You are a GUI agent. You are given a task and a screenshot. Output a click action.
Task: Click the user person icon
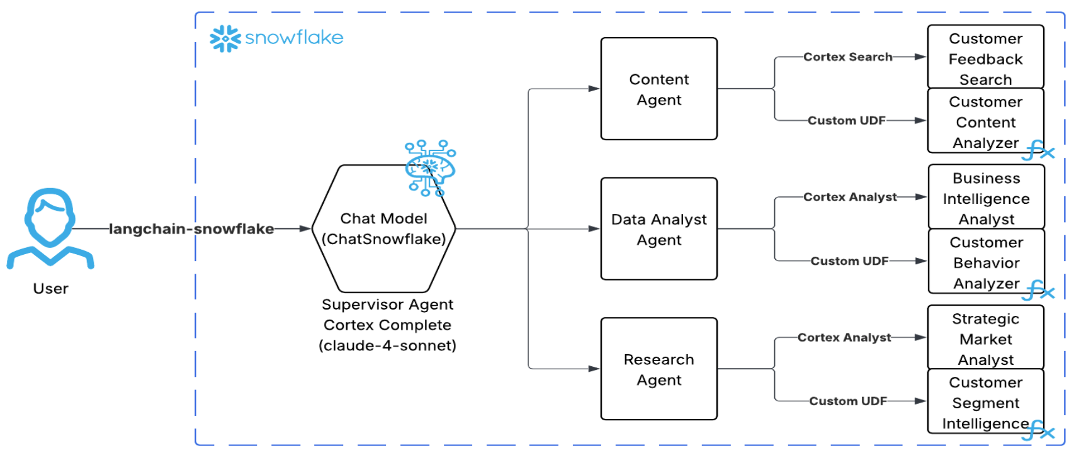pos(50,227)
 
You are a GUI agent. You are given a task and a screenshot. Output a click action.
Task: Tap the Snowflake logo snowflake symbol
pos(225,39)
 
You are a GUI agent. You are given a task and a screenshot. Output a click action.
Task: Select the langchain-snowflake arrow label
pos(191,229)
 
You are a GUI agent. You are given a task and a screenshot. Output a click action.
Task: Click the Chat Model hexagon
pos(383,229)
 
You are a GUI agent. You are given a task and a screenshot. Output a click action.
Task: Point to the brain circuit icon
pos(431,168)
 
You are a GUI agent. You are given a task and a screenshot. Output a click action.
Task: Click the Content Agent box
pos(659,89)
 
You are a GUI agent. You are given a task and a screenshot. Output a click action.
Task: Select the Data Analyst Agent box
pos(659,229)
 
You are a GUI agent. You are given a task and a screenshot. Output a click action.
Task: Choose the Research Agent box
pos(659,369)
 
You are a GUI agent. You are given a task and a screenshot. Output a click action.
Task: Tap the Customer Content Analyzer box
pos(985,121)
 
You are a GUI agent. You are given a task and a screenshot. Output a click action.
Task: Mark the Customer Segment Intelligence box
pos(985,402)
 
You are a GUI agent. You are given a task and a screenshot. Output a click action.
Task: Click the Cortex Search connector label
pos(847,57)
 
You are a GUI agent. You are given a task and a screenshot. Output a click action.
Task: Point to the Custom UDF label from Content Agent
pos(846,121)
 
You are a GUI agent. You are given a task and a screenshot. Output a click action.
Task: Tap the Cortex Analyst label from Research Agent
pos(844,338)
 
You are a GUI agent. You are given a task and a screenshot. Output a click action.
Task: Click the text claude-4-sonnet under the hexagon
pos(387,346)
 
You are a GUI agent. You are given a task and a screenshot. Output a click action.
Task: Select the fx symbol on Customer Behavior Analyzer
pos(1039,291)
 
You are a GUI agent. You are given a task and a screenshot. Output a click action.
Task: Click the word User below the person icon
pos(50,289)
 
